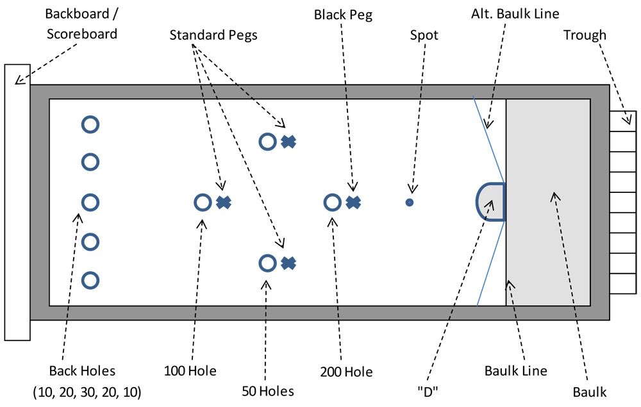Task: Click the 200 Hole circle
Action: pyautogui.click(x=331, y=203)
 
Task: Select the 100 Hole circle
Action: pyautogui.click(x=203, y=203)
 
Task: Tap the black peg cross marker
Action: pyautogui.click(x=353, y=203)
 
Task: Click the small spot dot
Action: pyautogui.click(x=409, y=203)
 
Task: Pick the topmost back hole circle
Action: pyautogui.click(x=90, y=124)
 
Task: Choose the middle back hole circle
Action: pyautogui.click(x=90, y=203)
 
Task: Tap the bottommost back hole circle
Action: pyautogui.click(x=90, y=281)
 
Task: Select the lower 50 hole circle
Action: pyautogui.click(x=267, y=263)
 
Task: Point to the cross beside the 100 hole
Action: pyautogui.click(x=223, y=203)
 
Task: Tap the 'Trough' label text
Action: pyautogui.click(x=584, y=35)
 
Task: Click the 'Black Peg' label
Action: pyautogui.click(x=343, y=13)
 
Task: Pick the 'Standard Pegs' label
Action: pyautogui.click(x=213, y=35)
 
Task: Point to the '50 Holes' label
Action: pyautogui.click(x=268, y=391)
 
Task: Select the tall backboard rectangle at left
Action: pyautogui.click(x=17, y=202)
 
